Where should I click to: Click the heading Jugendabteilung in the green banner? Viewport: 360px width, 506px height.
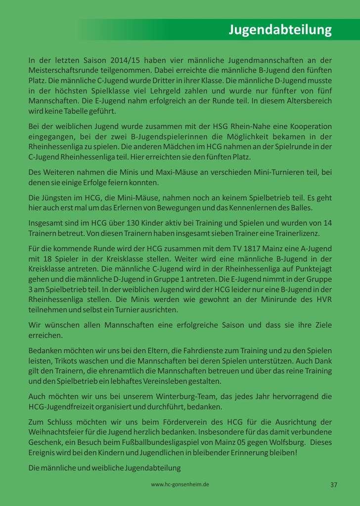pos(280,30)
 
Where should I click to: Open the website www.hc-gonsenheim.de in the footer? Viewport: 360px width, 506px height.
pos(180,485)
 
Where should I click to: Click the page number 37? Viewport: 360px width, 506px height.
pos(334,485)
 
